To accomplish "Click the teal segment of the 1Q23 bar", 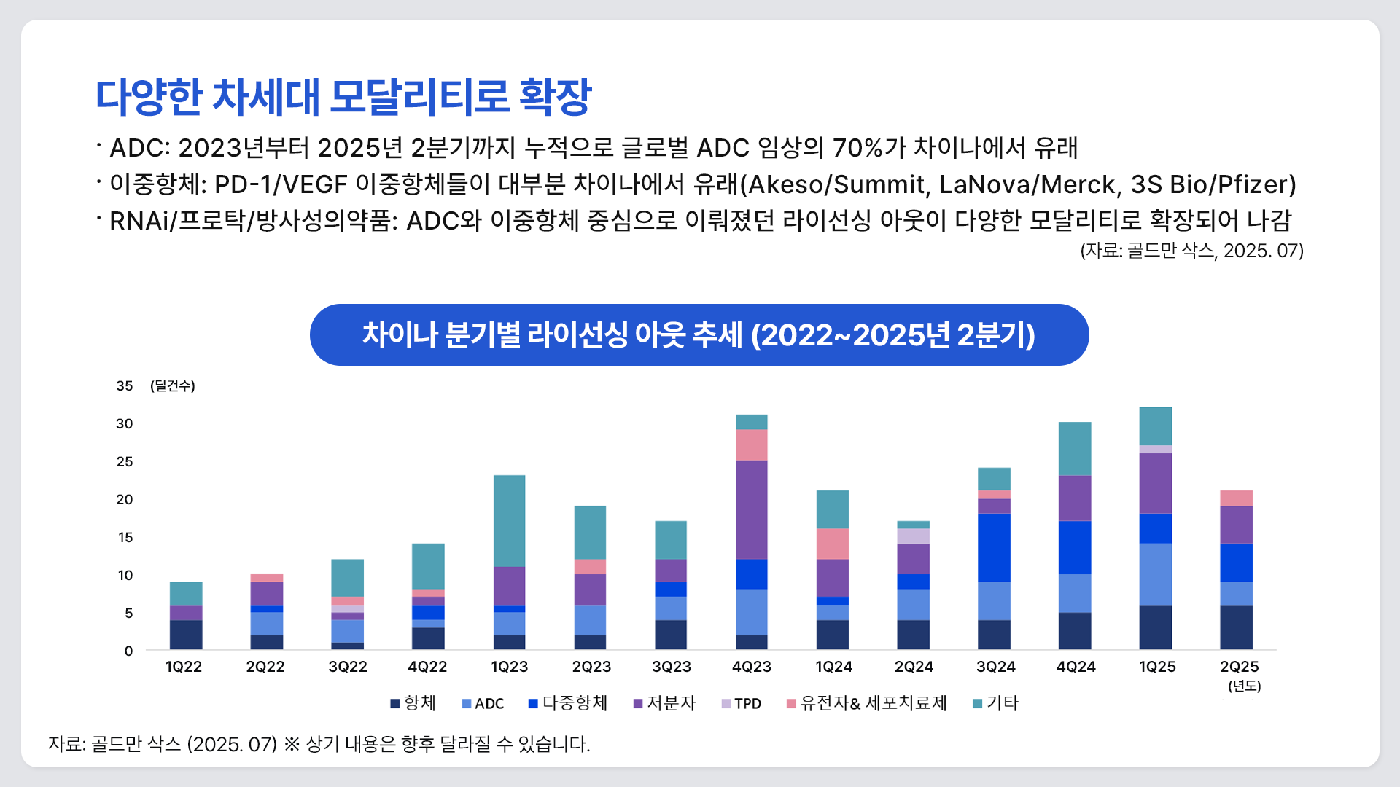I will click(509, 520).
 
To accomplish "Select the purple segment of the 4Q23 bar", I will click(751, 509).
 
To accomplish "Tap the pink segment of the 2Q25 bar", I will click(1236, 498).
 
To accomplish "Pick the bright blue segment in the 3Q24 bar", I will click(994, 547).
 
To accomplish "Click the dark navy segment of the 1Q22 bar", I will click(186, 634).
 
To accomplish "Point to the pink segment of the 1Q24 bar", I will click(833, 544).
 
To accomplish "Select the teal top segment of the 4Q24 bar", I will click(1075, 448).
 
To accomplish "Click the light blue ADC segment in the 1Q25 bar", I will click(1155, 573).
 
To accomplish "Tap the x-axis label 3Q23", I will click(671, 667).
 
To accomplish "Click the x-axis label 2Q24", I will click(914, 667).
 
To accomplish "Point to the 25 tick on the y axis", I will click(125, 461).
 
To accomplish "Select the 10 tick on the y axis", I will click(125, 575).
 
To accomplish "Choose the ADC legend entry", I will click(483, 703).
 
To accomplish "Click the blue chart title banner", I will click(699, 334).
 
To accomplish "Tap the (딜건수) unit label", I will click(173, 385).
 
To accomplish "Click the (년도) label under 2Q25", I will click(1244, 686).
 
